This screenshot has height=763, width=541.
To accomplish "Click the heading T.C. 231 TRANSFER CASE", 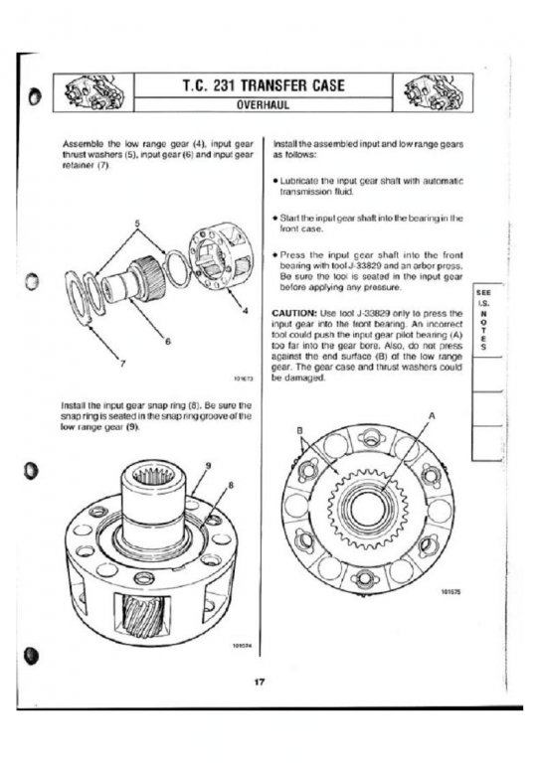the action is click(x=264, y=85).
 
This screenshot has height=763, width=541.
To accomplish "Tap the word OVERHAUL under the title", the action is click(x=263, y=105).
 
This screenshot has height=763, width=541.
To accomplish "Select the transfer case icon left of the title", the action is click(x=93, y=92).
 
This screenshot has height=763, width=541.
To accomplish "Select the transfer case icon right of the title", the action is click(x=433, y=92).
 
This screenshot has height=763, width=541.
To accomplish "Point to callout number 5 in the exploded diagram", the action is click(x=137, y=224).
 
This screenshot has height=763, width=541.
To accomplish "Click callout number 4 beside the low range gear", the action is click(x=245, y=310).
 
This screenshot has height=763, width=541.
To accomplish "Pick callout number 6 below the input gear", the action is click(x=167, y=342).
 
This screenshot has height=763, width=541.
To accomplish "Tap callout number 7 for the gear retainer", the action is click(x=122, y=363).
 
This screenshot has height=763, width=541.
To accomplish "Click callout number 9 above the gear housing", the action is click(x=209, y=465).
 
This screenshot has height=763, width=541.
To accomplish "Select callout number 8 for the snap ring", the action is click(x=231, y=485).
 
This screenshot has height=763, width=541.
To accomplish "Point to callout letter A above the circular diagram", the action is click(x=432, y=416).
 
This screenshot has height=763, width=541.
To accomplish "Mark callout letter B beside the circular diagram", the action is click(x=300, y=430).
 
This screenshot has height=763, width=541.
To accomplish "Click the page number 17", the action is click(x=260, y=682).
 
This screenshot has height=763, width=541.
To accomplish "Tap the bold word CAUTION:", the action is click(x=294, y=313).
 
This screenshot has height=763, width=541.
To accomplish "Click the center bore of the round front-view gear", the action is click(x=368, y=509).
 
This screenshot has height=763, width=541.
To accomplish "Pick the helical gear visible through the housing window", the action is click(x=143, y=616).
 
